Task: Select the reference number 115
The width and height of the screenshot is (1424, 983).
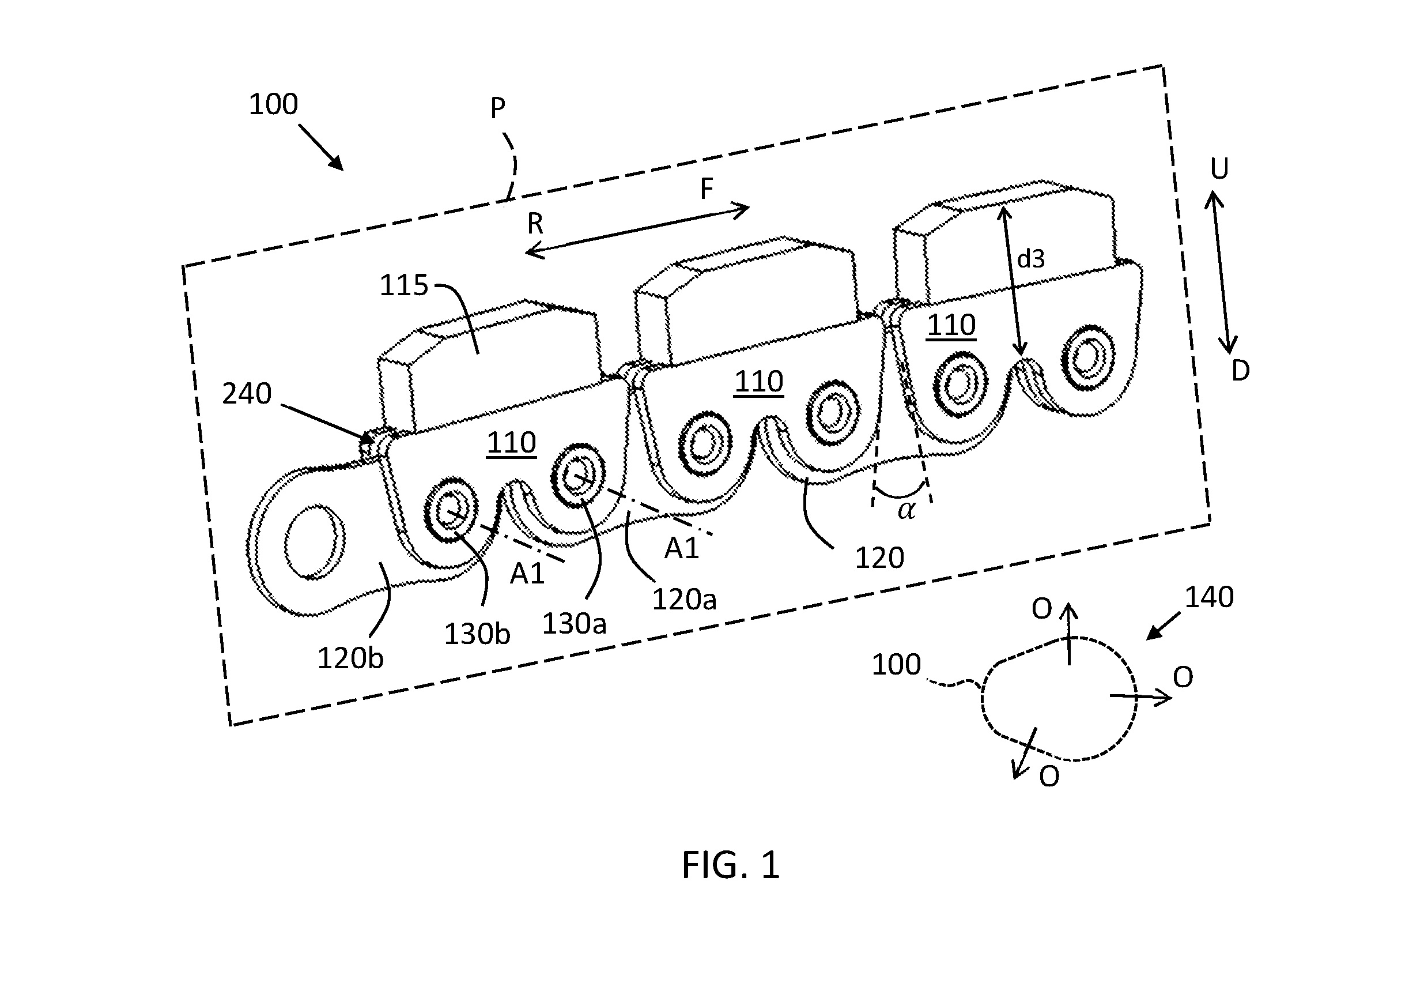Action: click(403, 285)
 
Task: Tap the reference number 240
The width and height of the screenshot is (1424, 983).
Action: click(246, 394)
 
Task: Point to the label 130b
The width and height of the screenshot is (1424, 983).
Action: click(477, 634)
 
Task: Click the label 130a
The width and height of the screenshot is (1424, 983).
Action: click(574, 623)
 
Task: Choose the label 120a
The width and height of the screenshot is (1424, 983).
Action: click(684, 598)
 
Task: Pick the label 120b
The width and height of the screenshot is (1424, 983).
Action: click(350, 658)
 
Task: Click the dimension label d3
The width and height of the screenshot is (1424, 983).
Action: click(1030, 259)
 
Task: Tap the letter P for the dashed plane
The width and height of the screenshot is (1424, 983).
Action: click(497, 108)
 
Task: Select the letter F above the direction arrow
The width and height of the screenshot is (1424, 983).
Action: click(706, 189)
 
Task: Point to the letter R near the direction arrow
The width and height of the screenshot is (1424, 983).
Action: click(535, 224)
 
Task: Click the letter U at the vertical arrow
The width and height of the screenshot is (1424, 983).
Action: click(1219, 169)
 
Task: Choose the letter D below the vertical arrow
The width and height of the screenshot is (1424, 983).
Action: click(1241, 371)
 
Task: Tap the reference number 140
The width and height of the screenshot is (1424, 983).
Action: click(1209, 597)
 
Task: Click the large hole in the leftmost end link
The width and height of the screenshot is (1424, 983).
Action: click(315, 541)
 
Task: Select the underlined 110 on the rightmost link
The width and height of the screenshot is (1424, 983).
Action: click(951, 325)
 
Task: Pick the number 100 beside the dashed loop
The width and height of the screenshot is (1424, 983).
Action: click(896, 665)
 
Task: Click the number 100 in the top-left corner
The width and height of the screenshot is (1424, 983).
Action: click(273, 104)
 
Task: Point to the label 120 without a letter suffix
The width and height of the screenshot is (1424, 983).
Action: click(879, 558)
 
